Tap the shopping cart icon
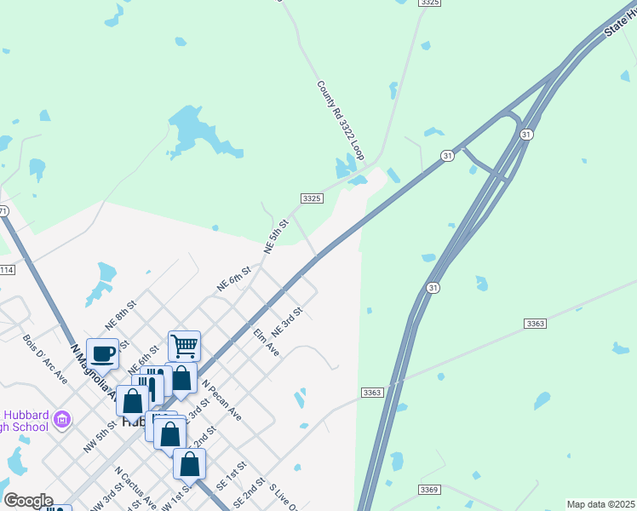click(x=184, y=346)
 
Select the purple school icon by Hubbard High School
click(x=61, y=419)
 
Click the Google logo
click(x=28, y=501)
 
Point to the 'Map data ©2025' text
click(x=600, y=504)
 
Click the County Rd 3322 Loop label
click(x=340, y=121)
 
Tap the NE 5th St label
click(x=277, y=236)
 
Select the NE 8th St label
click(x=120, y=314)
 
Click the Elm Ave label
click(x=267, y=342)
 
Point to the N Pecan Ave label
click(x=221, y=401)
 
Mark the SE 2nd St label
click(x=253, y=492)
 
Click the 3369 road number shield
click(x=429, y=490)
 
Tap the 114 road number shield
click(x=6, y=270)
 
